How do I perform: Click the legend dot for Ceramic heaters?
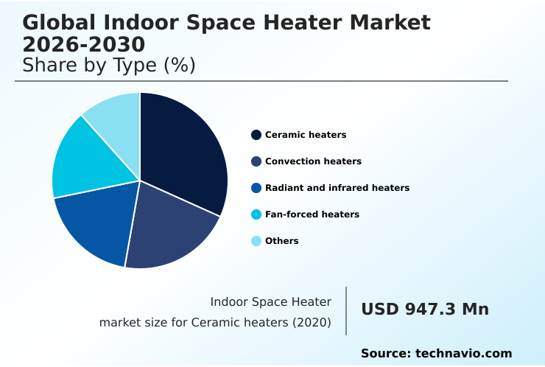pyautogui.click(x=256, y=135)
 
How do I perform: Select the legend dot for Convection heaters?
pyautogui.click(x=256, y=161)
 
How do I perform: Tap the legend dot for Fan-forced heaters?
pyautogui.click(x=256, y=214)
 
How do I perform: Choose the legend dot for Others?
pyautogui.click(x=256, y=241)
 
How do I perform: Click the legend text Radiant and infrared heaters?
pyautogui.click(x=337, y=188)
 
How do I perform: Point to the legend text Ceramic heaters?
pyautogui.click(x=306, y=135)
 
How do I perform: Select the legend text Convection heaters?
pyautogui.click(x=313, y=161)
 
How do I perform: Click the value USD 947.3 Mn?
pyautogui.click(x=425, y=310)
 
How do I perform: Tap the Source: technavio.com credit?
pyautogui.click(x=436, y=354)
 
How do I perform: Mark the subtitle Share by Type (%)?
pyautogui.click(x=109, y=66)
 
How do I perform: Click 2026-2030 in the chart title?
pyautogui.click(x=84, y=45)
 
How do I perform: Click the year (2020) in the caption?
pyautogui.click(x=313, y=323)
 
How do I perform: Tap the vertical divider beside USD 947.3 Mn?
pyautogui.click(x=346, y=311)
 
